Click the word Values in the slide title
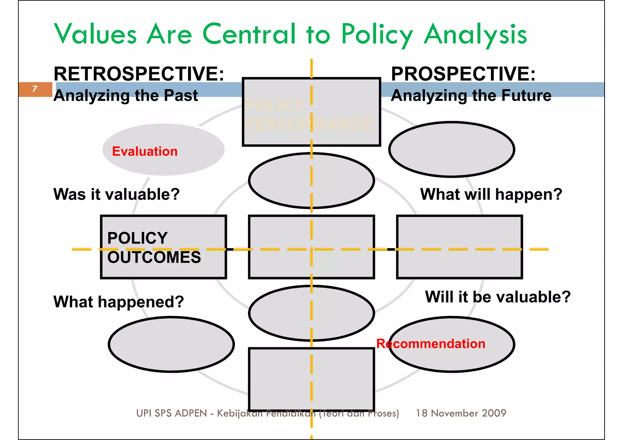pos(95,34)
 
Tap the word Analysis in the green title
pos(475,35)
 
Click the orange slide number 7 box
pos(35,89)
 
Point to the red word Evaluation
pos(145,151)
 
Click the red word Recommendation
pos(431,344)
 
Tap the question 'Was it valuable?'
pos(117,194)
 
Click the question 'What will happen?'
pos(491,194)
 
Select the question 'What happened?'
pos(119,302)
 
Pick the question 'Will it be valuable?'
pos(498,297)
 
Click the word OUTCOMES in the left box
pos(154,257)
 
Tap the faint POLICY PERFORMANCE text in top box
pos(307,115)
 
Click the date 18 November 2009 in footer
pos(461,413)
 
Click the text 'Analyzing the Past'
pos(126,95)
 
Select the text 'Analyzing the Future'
pos(471,95)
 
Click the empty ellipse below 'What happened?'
pos(171,344)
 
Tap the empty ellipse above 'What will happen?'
pos(451,149)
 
